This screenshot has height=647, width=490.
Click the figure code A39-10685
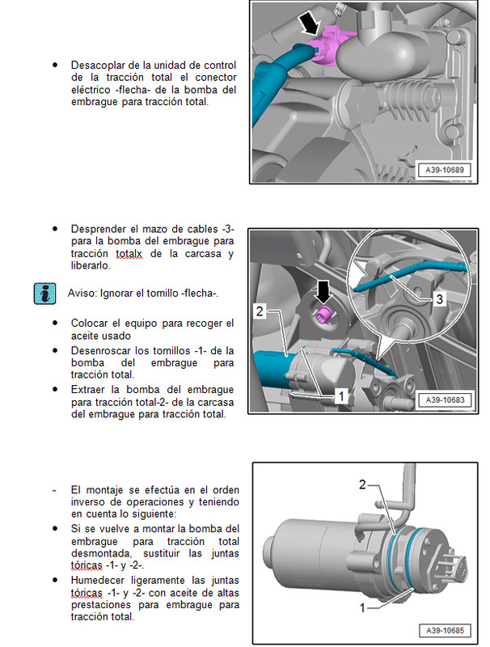(444, 629)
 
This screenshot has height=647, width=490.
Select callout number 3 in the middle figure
(438, 299)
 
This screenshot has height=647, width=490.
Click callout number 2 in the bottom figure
(363, 484)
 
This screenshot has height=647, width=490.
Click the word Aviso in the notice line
(80, 293)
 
